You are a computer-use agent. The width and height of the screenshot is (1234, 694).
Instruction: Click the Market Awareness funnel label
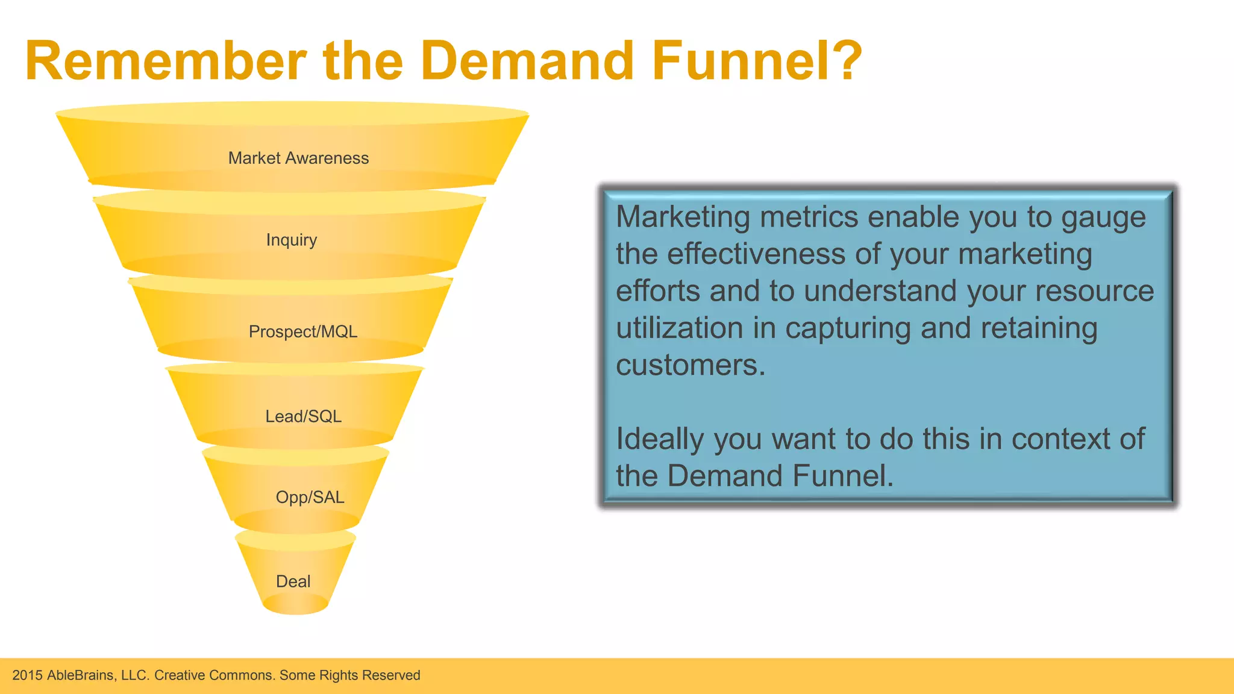coord(298,158)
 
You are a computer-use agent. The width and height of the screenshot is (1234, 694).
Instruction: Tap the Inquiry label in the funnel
coord(292,240)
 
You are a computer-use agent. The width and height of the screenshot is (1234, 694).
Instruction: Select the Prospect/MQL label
coord(303,331)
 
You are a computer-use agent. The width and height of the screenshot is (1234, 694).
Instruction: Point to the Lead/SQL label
coord(303,416)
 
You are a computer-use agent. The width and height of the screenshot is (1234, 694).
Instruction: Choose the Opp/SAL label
coord(310,497)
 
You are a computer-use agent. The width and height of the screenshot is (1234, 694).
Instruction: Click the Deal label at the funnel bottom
coord(293,581)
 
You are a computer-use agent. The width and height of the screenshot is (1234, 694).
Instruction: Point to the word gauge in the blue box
coord(1103,218)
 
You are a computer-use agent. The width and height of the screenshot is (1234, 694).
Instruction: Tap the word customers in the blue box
coord(690,366)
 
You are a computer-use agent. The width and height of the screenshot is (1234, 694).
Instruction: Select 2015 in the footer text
coord(27,675)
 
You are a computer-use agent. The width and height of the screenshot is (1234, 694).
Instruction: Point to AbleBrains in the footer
coord(81,675)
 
